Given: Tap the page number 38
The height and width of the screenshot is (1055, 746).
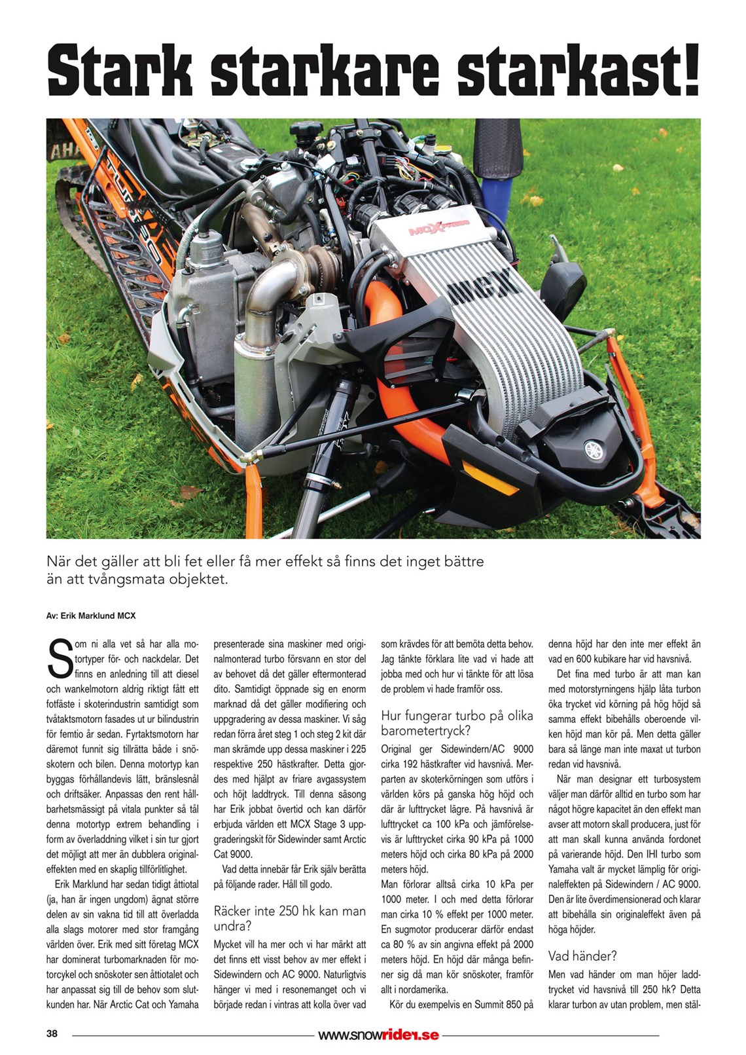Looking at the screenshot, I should (52, 1034).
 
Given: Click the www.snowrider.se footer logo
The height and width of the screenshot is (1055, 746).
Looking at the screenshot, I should (378, 1035).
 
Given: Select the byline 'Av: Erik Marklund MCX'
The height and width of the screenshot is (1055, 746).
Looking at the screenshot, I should (91, 616).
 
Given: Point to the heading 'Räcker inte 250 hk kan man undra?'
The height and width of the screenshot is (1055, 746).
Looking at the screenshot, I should (289, 918).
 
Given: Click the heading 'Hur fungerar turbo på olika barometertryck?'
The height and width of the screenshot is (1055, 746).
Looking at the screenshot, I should (457, 723).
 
